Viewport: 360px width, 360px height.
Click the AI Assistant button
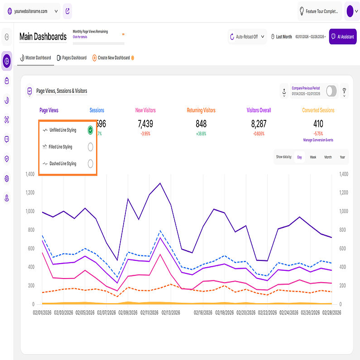(342, 37)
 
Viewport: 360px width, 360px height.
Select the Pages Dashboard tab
(72, 58)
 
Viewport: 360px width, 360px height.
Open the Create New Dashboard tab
(113, 58)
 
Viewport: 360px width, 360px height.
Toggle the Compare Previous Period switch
(331, 91)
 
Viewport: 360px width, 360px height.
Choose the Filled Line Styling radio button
(91, 147)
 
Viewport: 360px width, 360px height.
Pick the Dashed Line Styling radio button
(91, 163)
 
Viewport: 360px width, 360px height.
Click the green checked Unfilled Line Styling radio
(91, 130)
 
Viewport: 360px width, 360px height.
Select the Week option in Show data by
(313, 157)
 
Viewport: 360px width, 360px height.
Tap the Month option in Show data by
(328, 157)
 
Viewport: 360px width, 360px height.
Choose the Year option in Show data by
(342, 157)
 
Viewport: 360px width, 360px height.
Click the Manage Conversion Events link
(318, 140)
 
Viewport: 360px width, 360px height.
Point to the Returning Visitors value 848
(201, 124)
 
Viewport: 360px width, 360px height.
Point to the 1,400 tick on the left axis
(30, 174)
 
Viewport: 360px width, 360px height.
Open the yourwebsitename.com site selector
(32, 11)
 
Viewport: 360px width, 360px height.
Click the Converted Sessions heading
(318, 110)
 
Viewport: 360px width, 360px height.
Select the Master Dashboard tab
(35, 58)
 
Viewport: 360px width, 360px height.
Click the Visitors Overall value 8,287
(259, 124)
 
